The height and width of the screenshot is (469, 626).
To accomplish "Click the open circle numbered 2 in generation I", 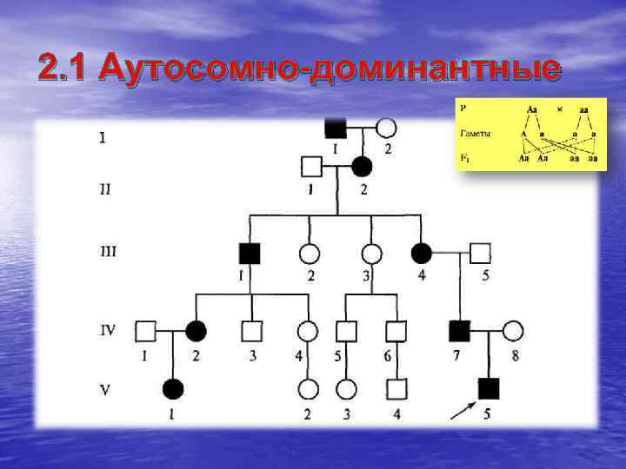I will click(x=386, y=129).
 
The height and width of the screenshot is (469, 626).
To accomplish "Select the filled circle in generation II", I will click(x=362, y=166).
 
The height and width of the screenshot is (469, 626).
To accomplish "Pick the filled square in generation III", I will click(x=250, y=253).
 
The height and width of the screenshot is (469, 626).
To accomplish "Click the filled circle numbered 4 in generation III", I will click(x=421, y=253).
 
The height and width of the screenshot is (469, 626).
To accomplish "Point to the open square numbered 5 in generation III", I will click(x=480, y=253).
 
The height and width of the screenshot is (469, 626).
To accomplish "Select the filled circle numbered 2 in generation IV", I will click(x=196, y=330).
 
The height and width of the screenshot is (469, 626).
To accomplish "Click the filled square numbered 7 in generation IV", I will click(x=458, y=330).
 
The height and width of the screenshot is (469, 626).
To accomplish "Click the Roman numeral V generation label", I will click(x=105, y=388).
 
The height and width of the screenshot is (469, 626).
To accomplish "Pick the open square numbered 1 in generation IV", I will click(x=146, y=330).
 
